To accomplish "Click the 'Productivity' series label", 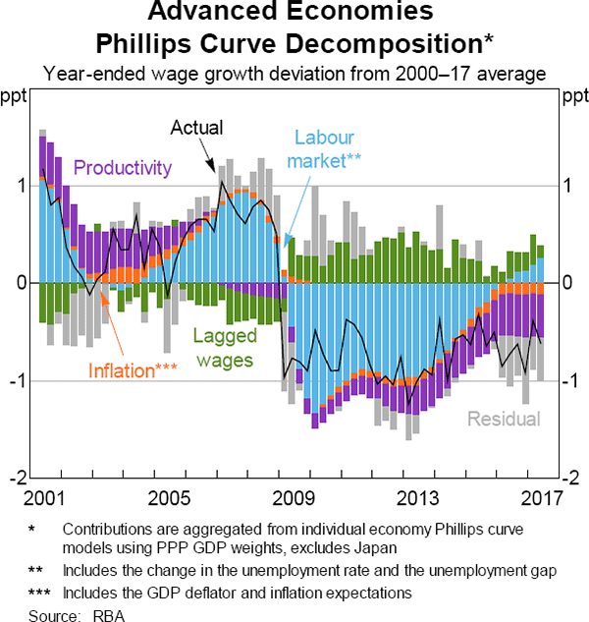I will pos(123,167).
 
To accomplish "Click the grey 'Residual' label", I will pos(504,420).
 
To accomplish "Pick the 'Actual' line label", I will pos(196,128).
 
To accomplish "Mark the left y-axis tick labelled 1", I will pos(23,186).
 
